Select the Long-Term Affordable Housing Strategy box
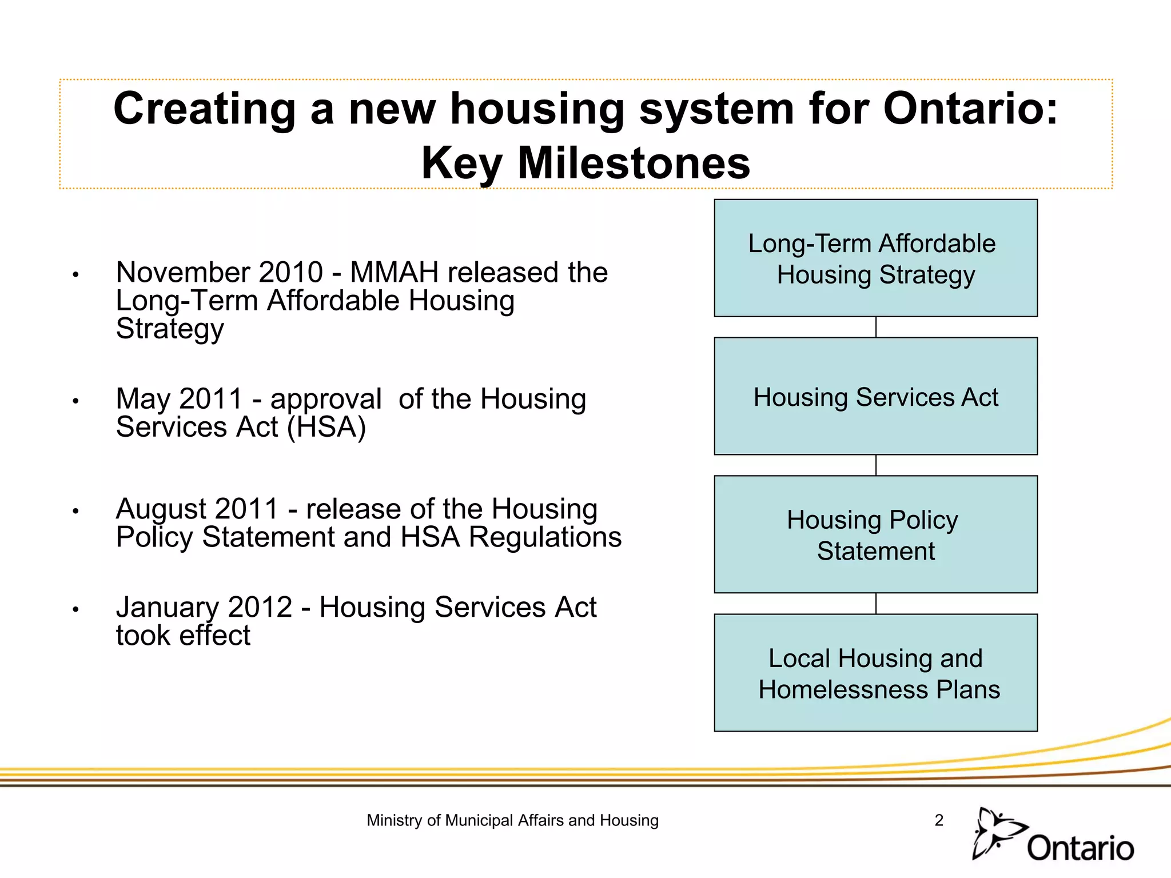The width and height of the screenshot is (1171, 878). coord(875,258)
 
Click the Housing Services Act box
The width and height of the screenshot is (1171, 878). coord(875,397)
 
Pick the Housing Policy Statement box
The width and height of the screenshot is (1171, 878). coord(875,534)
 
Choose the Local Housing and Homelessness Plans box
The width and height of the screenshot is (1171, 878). coord(875,673)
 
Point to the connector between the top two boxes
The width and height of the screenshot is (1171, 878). coord(876,327)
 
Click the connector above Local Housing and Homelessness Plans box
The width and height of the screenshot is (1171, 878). coord(876,604)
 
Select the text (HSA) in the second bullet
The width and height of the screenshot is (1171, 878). coord(326,428)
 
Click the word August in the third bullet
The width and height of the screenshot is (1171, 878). coord(161,509)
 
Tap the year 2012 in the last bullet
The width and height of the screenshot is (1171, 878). coord(260,607)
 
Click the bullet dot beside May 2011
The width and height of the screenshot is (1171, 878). coord(75,401)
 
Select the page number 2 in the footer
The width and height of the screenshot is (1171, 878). coord(939,820)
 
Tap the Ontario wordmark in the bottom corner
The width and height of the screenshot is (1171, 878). coord(1080,848)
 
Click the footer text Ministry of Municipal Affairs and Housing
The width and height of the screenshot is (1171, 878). coord(512,820)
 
